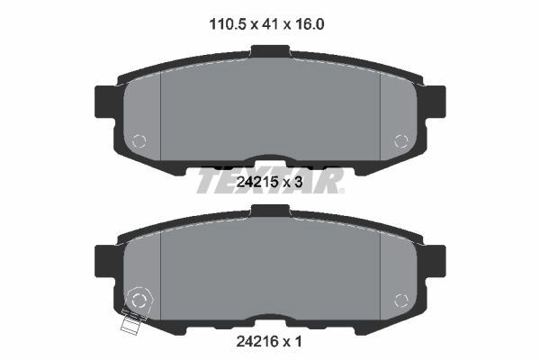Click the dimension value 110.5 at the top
click(x=228, y=24)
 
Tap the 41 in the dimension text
click(x=270, y=24)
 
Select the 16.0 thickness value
click(x=309, y=24)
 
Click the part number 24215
click(x=257, y=182)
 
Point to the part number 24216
click(x=257, y=341)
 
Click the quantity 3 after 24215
click(x=298, y=182)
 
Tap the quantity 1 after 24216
click(x=298, y=341)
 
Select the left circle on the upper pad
click(x=139, y=141)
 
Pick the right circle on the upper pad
click(x=401, y=141)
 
